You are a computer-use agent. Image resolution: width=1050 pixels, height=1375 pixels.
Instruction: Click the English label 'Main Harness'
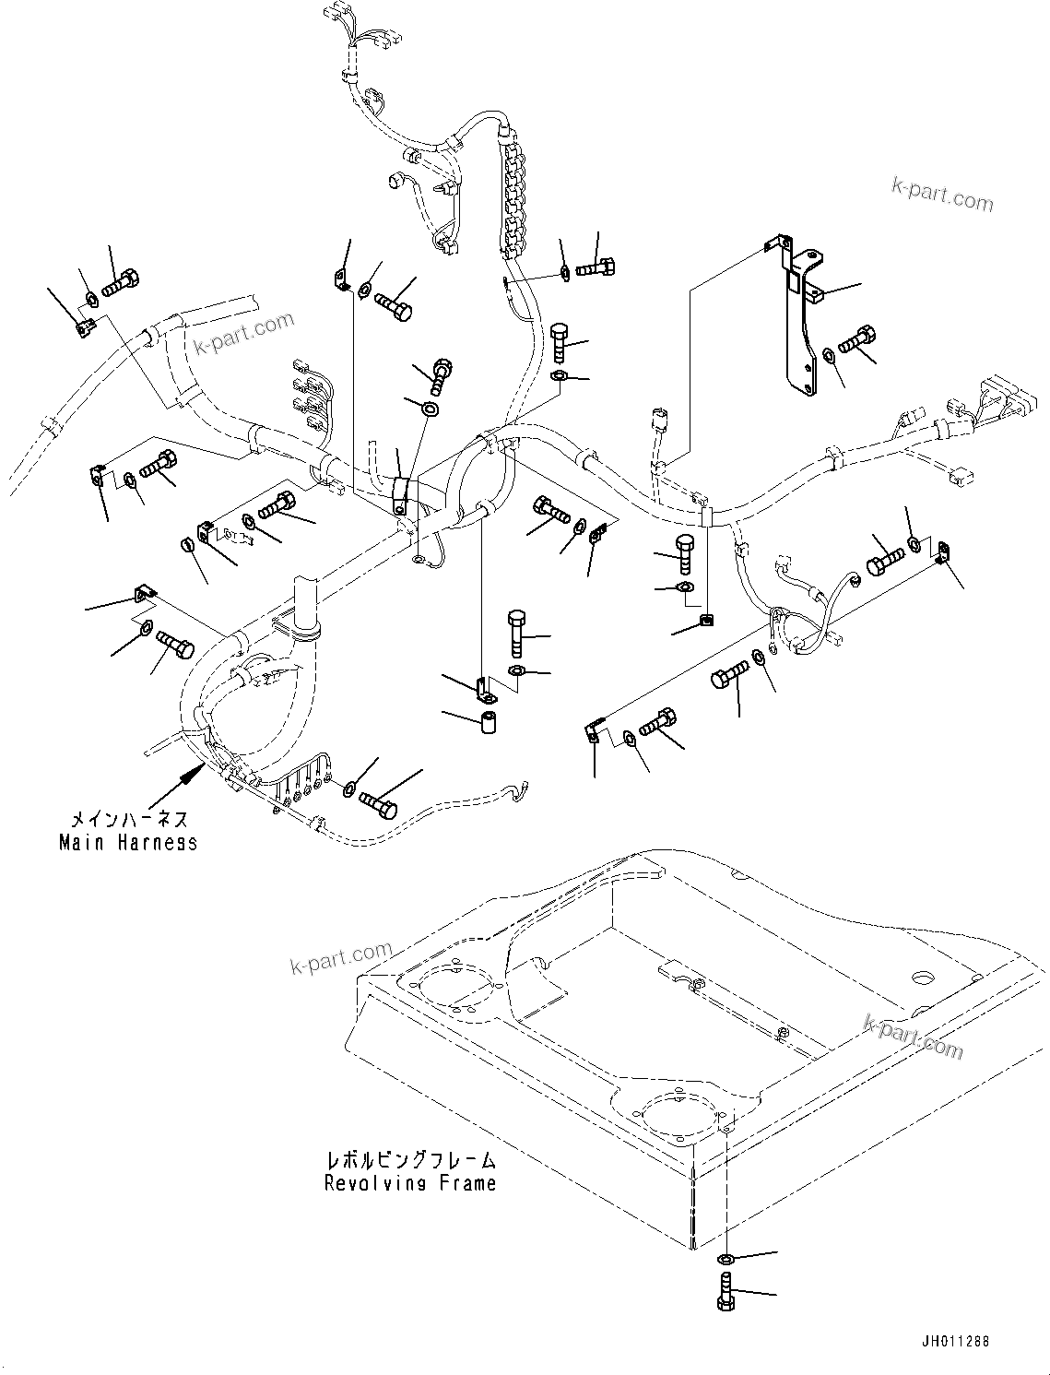click(128, 842)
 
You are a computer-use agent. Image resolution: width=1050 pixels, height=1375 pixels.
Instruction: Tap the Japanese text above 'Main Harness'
click(129, 819)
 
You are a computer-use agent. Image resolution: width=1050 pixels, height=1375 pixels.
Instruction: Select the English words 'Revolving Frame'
click(410, 1183)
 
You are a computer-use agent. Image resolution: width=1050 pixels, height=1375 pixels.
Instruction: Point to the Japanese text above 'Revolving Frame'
click(410, 1160)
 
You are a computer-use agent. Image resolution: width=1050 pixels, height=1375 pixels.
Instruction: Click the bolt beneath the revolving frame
click(725, 1288)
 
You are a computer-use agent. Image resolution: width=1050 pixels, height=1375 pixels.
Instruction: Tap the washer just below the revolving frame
click(726, 1259)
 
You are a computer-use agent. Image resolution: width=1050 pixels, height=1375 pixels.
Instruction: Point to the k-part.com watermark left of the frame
click(340, 958)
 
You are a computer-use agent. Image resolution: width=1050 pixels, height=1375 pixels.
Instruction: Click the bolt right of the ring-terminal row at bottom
click(378, 802)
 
